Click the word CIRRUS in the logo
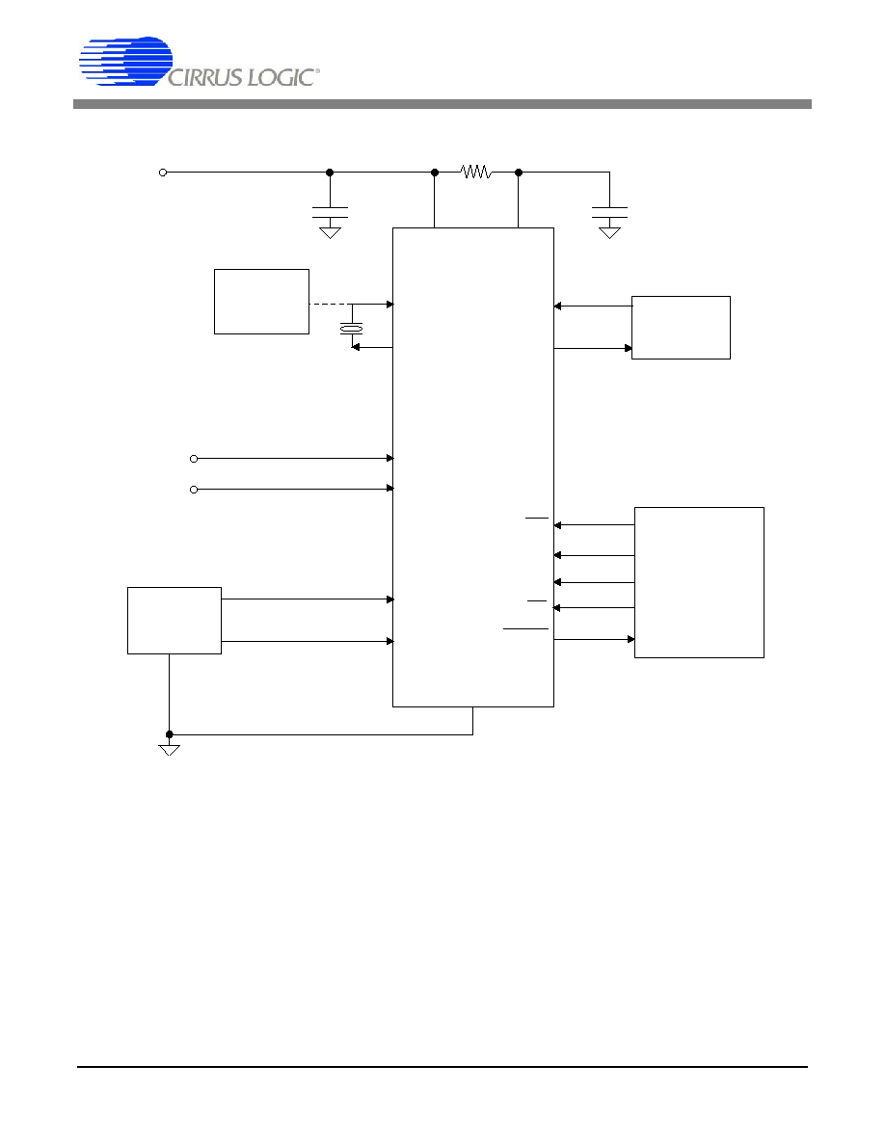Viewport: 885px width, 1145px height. click(x=205, y=77)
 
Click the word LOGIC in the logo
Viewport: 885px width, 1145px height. click(x=282, y=77)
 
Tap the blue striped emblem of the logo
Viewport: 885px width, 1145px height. click(x=125, y=61)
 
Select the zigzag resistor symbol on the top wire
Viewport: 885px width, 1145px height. click(x=476, y=173)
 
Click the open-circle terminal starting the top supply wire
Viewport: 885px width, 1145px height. click(x=163, y=173)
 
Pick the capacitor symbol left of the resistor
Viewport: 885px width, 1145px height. click(x=330, y=212)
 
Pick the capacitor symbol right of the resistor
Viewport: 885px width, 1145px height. click(x=609, y=212)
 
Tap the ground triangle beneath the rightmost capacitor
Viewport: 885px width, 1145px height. click(x=609, y=233)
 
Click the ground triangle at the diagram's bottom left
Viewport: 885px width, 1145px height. click(x=170, y=750)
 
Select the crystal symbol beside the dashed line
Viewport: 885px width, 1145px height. click(x=351, y=330)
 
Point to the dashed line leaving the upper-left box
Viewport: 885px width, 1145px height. click(x=327, y=304)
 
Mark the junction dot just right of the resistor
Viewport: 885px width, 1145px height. click(x=519, y=173)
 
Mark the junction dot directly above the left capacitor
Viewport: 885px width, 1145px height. click(x=330, y=173)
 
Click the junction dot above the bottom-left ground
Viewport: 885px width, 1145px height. click(x=170, y=734)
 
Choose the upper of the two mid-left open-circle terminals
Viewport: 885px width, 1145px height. click(x=194, y=459)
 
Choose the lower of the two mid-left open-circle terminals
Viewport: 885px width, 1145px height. click(x=194, y=490)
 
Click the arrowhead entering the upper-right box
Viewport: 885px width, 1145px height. click(x=628, y=348)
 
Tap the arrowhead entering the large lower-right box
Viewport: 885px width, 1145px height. click(x=630, y=640)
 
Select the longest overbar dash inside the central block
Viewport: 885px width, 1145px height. click(x=525, y=628)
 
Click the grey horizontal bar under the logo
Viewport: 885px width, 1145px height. click(x=442, y=104)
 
